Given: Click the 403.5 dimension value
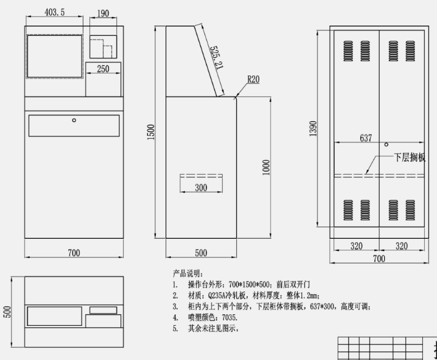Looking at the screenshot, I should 55,12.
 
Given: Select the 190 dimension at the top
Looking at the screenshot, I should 103,12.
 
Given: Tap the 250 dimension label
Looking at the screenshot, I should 103,69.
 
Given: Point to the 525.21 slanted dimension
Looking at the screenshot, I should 215,57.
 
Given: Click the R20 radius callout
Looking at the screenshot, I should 253,80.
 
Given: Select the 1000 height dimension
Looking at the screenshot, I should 267,167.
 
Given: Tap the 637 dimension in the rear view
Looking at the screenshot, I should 365,138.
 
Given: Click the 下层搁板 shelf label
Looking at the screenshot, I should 410,157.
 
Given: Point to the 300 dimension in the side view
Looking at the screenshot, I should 200,188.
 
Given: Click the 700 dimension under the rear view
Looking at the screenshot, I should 379,259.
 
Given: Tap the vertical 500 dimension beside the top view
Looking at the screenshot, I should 7,311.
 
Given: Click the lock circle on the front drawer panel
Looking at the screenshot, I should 74,120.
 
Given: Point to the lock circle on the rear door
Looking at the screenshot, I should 386,144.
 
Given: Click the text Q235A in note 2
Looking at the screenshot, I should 218,295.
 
